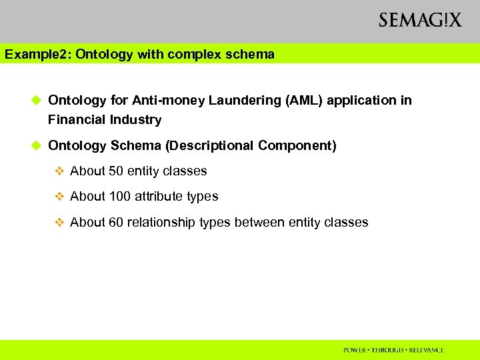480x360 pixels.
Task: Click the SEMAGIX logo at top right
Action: click(419, 20)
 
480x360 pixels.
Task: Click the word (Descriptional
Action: click(210, 145)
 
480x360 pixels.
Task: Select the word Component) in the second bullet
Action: click(297, 145)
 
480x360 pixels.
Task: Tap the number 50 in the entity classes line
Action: click(116, 171)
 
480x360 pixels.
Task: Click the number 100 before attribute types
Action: click(119, 197)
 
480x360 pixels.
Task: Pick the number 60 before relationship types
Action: click(116, 223)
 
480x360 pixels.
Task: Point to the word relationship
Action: click(163, 223)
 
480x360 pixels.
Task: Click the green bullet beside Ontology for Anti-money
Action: click(37, 101)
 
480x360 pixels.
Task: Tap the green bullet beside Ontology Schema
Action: click(37, 145)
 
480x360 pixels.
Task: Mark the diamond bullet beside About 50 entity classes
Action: click(59, 171)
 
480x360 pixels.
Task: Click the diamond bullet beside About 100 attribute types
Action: click(59, 197)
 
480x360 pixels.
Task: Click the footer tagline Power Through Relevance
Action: click(393, 350)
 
